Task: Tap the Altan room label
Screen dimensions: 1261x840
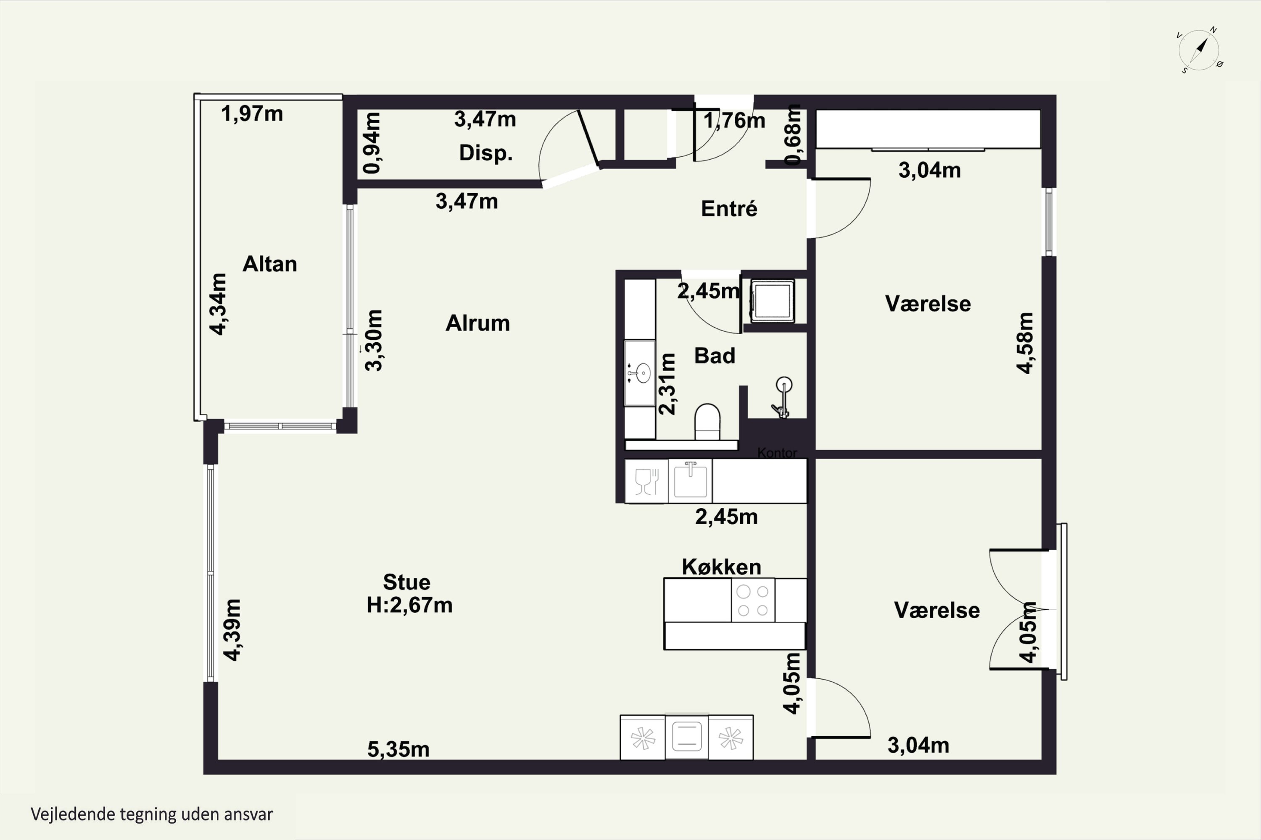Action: point(270,264)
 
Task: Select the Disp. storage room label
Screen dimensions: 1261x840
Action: point(486,153)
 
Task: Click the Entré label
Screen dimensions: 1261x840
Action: point(729,208)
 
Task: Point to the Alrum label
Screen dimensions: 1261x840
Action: point(477,323)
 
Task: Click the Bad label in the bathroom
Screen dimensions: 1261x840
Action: point(715,356)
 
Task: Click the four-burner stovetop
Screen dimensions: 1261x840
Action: point(753,601)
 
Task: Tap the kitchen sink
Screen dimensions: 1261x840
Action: point(690,480)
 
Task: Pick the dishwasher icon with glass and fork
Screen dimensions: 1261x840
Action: point(646,481)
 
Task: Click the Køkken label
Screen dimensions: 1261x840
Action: point(722,567)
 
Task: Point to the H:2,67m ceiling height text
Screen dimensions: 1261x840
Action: point(409,605)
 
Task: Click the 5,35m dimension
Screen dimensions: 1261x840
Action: point(398,749)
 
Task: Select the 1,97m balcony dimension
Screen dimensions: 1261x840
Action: point(252,113)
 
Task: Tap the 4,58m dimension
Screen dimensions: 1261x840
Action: point(1025,343)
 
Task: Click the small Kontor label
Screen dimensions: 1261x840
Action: point(777,453)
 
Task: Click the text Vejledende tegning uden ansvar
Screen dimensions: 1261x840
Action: point(152,815)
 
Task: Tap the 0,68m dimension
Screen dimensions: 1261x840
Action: point(792,134)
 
